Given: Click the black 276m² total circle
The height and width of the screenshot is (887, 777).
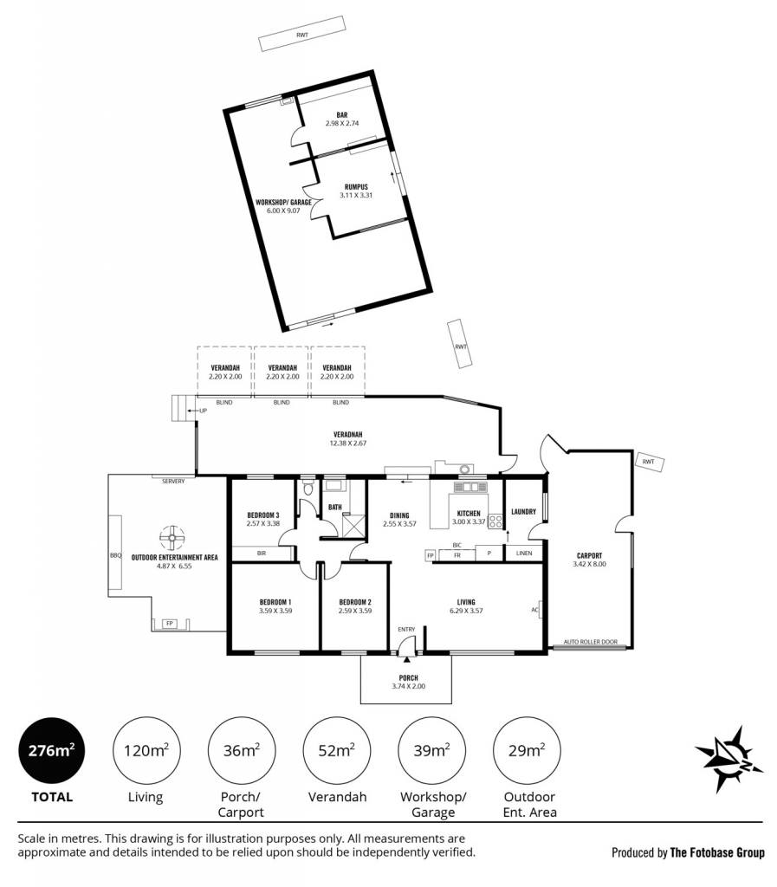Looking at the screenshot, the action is point(51,751).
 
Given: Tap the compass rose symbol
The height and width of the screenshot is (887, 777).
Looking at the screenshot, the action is point(728,759).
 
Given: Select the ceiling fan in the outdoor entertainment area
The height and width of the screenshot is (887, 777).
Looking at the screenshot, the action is point(172,538).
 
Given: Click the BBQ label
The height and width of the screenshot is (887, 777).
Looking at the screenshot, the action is point(115,555).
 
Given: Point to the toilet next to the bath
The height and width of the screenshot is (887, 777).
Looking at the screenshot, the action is point(308,488).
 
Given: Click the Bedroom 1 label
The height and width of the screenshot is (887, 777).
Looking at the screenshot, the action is point(275,602).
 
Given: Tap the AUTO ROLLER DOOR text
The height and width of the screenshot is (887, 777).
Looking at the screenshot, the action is point(591,642).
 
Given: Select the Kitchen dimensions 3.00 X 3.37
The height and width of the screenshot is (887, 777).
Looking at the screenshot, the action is point(469,521).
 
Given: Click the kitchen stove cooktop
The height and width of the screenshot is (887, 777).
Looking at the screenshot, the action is point(495,521).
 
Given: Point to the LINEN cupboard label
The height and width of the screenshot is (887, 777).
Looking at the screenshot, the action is point(524,554).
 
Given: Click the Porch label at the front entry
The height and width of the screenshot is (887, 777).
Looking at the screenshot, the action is point(408,677).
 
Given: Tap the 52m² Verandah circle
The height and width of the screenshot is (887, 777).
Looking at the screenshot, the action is point(337,751).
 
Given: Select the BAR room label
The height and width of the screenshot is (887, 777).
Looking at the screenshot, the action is point(342,115).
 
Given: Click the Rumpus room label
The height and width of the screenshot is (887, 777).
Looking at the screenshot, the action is point(356,187).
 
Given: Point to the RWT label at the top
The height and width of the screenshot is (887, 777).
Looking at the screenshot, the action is point(302,35).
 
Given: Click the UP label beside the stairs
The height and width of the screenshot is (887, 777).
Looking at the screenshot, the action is point(203,411).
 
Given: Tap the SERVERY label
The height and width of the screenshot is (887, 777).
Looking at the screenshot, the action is point(173,482).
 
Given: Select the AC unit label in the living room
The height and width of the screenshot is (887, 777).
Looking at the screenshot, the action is point(534,610).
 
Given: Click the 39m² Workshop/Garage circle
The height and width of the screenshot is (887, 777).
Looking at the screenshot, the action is point(432,751).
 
